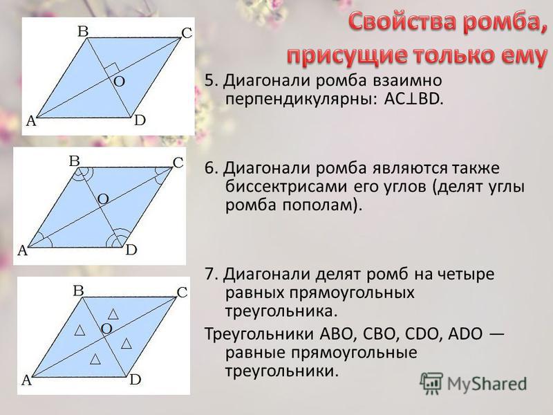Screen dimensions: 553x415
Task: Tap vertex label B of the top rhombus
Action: click(x=83, y=31)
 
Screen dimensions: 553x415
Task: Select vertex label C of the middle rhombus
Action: click(x=178, y=163)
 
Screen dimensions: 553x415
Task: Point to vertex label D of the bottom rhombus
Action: click(x=135, y=380)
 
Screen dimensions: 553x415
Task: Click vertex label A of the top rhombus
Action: click(x=31, y=121)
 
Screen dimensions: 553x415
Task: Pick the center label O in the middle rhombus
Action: click(x=103, y=199)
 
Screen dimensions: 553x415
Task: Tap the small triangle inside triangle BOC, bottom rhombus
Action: click(x=113, y=314)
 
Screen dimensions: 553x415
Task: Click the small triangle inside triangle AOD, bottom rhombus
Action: click(x=95, y=359)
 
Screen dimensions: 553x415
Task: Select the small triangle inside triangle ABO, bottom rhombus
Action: click(x=80, y=331)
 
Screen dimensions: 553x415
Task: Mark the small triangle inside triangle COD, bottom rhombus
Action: click(x=126, y=343)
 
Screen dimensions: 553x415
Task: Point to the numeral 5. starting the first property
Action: click(x=213, y=80)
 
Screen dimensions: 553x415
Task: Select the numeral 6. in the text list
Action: click(x=213, y=168)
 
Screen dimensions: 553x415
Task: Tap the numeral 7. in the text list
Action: click(x=213, y=274)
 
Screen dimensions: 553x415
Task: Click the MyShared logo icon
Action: click(x=431, y=384)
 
